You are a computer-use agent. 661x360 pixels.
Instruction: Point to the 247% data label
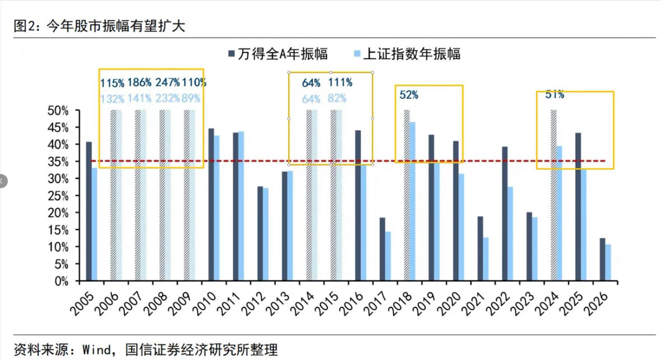coord(168,82)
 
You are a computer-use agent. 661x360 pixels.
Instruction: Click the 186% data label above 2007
coord(140,82)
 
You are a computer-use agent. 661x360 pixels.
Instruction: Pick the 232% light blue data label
coord(168,98)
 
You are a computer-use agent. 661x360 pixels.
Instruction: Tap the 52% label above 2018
coord(409,95)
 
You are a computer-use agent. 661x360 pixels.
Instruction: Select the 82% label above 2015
coord(337,98)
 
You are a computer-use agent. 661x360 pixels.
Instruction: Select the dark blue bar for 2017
coord(382,249)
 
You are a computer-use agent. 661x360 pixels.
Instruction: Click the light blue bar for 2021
coord(486,259)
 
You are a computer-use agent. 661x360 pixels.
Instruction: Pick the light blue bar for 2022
coord(510,233)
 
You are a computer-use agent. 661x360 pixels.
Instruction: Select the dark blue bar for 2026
coord(602,259)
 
